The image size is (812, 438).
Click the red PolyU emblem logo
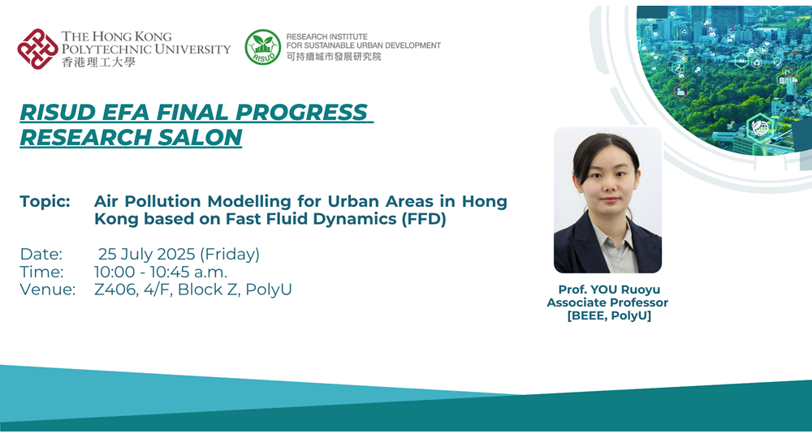click(x=37, y=49)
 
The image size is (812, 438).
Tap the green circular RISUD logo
click(x=262, y=47)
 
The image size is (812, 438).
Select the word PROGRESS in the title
click(x=301, y=112)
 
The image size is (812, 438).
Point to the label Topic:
click(x=45, y=201)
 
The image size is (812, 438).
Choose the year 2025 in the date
click(x=175, y=254)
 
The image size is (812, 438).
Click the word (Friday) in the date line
click(x=230, y=254)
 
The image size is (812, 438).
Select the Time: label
click(x=41, y=272)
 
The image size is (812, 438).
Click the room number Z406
click(x=116, y=290)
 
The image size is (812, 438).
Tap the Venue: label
click(x=48, y=290)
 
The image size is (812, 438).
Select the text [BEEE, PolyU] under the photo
click(x=609, y=316)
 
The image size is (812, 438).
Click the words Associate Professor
click(x=607, y=303)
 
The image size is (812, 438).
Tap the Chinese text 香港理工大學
click(x=98, y=62)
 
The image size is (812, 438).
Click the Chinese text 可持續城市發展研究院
click(x=334, y=56)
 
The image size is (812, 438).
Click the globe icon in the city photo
click(x=760, y=127)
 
